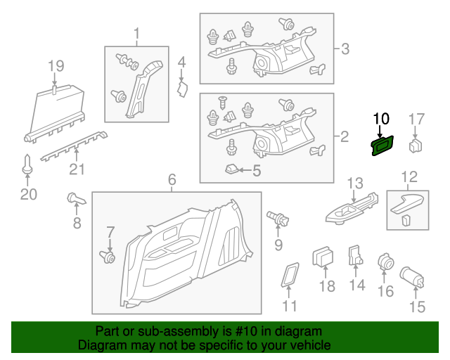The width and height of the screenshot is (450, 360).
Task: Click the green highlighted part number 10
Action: (382, 146)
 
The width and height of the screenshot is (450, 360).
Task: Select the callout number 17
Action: (416, 119)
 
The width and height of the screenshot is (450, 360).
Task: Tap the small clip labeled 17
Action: (416, 146)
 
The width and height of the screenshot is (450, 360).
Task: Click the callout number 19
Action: (56, 66)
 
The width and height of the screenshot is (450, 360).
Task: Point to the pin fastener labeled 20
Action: (27, 165)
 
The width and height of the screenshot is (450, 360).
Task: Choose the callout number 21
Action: (77, 169)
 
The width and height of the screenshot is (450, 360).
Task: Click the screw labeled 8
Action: (76, 199)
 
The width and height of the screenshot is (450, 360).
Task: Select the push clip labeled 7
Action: (108, 257)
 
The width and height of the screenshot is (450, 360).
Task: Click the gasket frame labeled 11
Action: (290, 275)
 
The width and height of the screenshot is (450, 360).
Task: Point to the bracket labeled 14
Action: (355, 255)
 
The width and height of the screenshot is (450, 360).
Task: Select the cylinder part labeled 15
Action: (412, 277)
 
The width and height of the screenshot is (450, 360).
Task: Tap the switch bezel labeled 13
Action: (352, 209)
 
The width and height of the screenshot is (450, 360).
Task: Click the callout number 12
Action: (409, 177)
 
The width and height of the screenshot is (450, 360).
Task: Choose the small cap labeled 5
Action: (232, 169)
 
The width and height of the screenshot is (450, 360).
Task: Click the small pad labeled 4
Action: (182, 89)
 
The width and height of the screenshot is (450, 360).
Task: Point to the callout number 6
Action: (172, 180)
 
